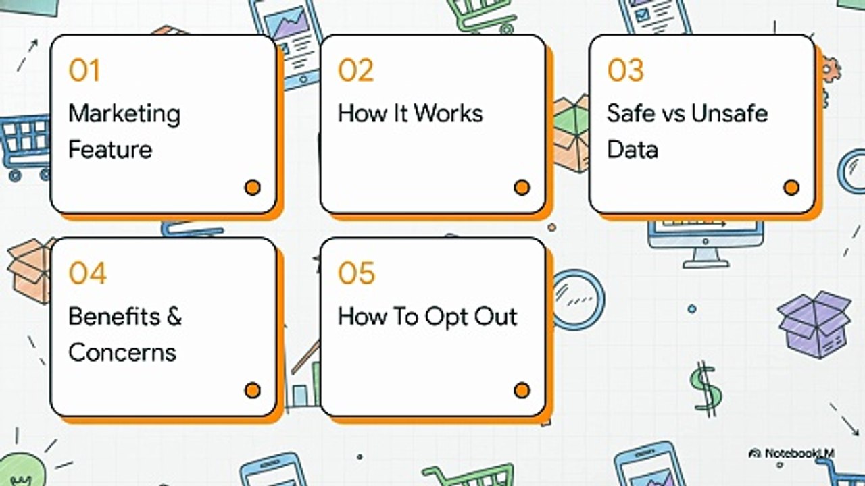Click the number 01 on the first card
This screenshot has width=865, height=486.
[x=84, y=70]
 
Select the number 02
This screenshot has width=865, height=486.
[x=355, y=70]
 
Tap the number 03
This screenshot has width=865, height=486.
[x=625, y=70]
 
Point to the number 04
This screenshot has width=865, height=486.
[x=87, y=273]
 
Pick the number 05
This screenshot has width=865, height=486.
[x=356, y=273]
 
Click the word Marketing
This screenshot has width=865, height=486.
[x=124, y=115]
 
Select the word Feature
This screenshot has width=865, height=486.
[x=110, y=150]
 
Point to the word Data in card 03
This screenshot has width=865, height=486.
[x=632, y=150]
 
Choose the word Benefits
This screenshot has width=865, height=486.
[x=114, y=317]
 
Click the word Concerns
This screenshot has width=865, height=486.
[x=122, y=352]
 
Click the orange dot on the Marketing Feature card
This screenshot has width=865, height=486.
[x=253, y=188]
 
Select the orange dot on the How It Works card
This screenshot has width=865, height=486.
[x=522, y=188]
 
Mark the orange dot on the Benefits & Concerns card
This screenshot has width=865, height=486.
[x=253, y=390]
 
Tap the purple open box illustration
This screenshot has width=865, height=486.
[x=815, y=325]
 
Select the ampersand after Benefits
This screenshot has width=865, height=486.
[x=174, y=317]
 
